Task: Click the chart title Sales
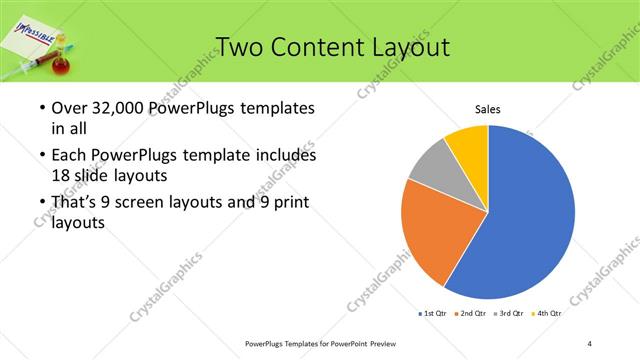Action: [x=487, y=110]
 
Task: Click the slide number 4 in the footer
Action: [x=590, y=344]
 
